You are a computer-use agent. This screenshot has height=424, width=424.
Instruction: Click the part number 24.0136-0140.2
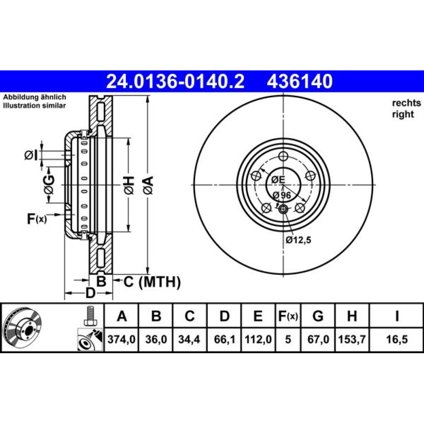[175, 81]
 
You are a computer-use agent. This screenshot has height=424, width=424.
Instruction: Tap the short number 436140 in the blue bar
[299, 81]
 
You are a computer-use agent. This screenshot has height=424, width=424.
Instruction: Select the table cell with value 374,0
[121, 339]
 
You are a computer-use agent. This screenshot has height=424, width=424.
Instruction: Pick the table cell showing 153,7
[352, 339]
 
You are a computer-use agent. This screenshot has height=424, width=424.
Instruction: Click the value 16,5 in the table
[397, 339]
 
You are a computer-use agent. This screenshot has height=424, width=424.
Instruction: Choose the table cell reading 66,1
[224, 339]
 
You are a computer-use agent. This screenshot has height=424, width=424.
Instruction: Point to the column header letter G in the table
[318, 316]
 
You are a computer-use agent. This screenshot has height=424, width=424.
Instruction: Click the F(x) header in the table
[288, 316]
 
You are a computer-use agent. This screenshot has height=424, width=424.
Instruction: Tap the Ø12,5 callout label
[298, 240]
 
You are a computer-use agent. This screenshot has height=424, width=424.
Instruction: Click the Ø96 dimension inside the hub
[282, 195]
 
